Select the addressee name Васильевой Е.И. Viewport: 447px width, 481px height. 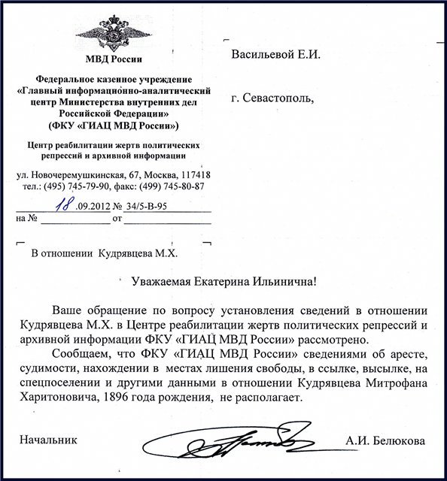pos(279,55)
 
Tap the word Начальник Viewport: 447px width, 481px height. pos(48,439)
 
